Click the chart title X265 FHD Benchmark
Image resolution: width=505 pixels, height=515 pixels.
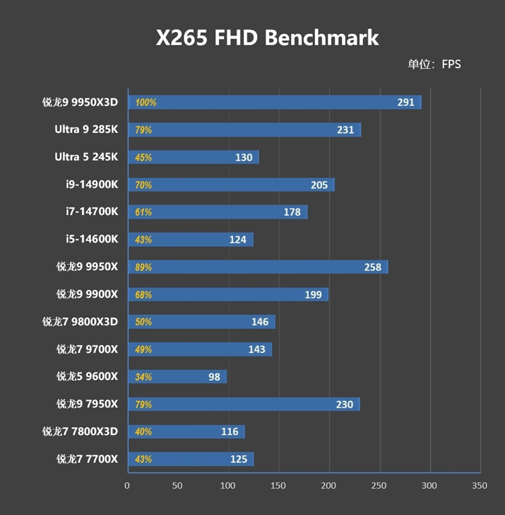pos(268,38)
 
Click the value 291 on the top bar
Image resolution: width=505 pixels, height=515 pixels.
pos(406,102)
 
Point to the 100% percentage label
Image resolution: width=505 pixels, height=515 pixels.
pos(145,103)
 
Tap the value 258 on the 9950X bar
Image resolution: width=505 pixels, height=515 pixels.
pos(372,267)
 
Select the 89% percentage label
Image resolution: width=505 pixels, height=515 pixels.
pos(143,267)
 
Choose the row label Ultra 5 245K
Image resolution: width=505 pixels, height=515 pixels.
pos(86,157)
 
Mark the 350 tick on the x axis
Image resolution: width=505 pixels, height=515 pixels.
pos(480,486)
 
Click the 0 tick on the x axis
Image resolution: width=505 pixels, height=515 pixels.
pos(128,486)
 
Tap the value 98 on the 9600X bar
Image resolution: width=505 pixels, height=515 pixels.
pos(214,377)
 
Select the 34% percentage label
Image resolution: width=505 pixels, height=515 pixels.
pos(143,377)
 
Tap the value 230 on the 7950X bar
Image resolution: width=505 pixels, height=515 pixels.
pos(345,405)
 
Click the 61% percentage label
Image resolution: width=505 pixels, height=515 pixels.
pos(143,212)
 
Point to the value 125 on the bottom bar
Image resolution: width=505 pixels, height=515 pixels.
pos(239,459)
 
